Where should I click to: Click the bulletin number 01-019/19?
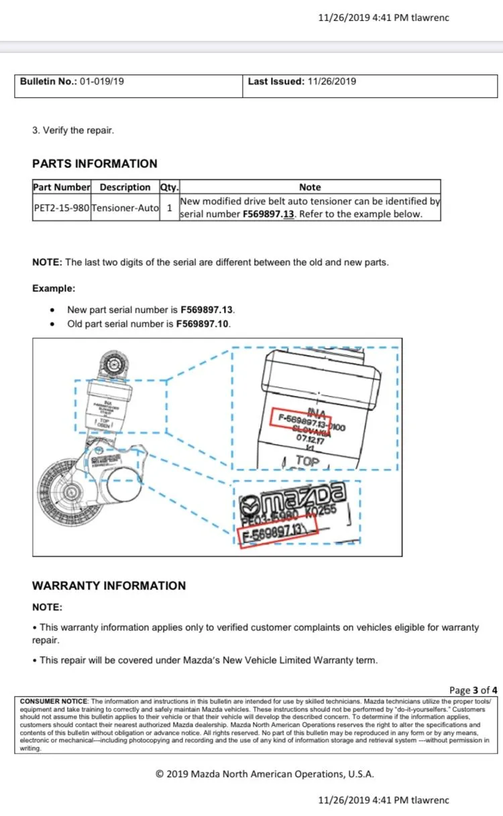pos(102,82)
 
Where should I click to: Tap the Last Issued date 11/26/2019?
pos(331,82)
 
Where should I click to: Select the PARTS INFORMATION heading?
pos(95,163)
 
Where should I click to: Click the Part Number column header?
pos(61,188)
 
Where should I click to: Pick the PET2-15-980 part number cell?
pos(61,208)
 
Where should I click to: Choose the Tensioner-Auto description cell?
pos(125,208)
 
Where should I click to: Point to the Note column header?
pos(310,188)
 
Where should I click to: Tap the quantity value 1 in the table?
pos(169,208)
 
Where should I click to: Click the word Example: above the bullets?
pos(54,288)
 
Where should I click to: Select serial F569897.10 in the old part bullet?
pos(203,324)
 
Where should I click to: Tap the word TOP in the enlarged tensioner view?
pos(308,462)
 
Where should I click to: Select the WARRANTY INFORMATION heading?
pos(109,586)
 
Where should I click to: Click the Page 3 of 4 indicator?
pos(473,690)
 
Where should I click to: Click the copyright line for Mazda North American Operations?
pos(265,774)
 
